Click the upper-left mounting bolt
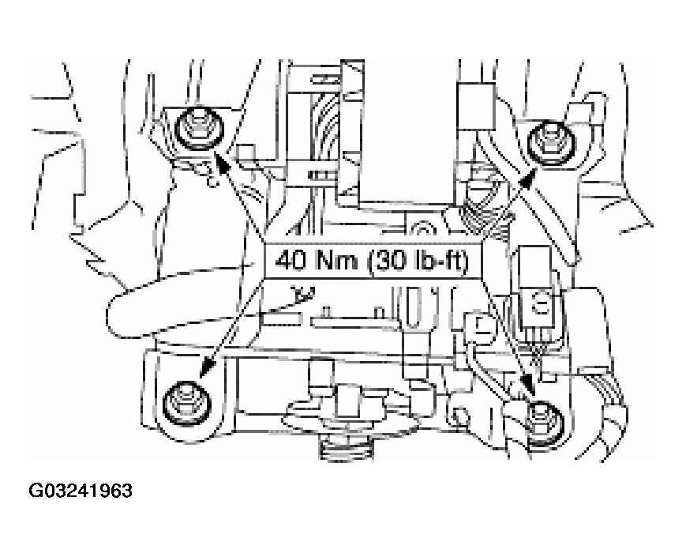199,129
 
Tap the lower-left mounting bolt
187,404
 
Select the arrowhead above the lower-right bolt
530,386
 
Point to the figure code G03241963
81,491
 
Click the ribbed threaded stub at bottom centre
347,448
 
